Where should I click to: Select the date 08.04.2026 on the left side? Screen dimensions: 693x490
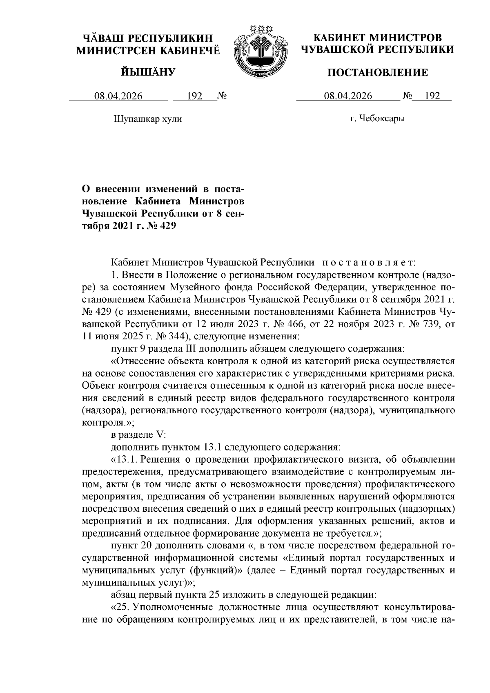pos(118,96)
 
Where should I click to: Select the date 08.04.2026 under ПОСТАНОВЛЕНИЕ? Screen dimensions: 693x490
pos(348,96)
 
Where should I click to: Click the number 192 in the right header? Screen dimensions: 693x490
pos(432,96)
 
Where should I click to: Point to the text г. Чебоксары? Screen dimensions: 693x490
pos(377,119)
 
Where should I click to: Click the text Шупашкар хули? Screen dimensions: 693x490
pos(147,119)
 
